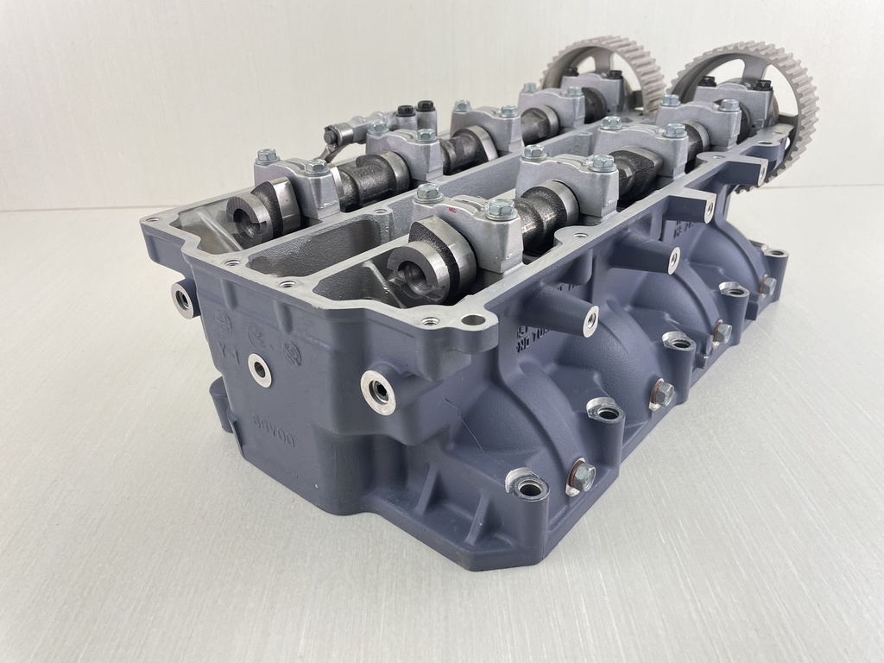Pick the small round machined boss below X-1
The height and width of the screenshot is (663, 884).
coord(259,369)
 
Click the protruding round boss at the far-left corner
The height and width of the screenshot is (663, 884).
coord(182,299)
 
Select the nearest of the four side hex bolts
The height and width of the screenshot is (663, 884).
coord(582,476)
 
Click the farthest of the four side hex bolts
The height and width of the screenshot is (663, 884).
coord(766,285)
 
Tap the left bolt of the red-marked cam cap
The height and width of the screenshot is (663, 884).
coord(427,193)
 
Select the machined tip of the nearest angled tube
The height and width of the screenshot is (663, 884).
coord(590,322)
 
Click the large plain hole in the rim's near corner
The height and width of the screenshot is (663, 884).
coord(473,320)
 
